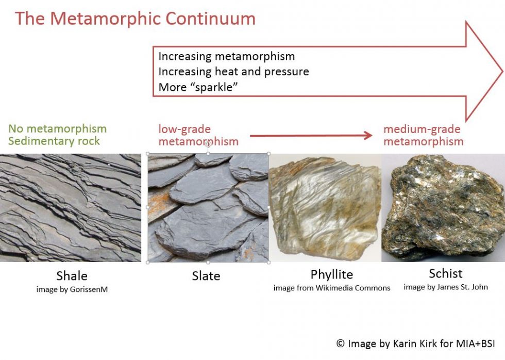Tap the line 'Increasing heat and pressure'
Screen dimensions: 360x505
pyautogui.click(x=233, y=72)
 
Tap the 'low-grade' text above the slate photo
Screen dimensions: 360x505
pyautogui.click(x=184, y=129)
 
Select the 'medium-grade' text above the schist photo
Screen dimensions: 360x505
pyautogui.click(x=422, y=129)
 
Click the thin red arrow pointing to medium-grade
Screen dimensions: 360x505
pyautogui.click(x=311, y=136)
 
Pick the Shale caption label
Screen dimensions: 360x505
pyautogui.click(x=72, y=276)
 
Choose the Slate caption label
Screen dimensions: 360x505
pyautogui.click(x=206, y=276)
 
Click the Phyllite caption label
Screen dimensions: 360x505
pyautogui.click(x=331, y=274)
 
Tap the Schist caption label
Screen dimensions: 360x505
pyautogui.click(x=446, y=273)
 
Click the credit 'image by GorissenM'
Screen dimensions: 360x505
pyautogui.click(x=72, y=289)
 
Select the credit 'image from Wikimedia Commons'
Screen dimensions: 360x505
pyautogui.click(x=332, y=288)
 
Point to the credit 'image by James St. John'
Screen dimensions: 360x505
pyautogui.click(x=446, y=287)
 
